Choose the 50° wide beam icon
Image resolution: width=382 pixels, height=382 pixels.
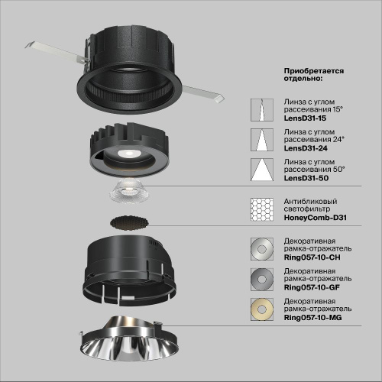[x=262, y=172]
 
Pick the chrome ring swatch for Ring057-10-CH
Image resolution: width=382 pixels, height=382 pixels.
[x=262, y=250]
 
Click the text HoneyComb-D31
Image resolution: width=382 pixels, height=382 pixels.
[x=315, y=217]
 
